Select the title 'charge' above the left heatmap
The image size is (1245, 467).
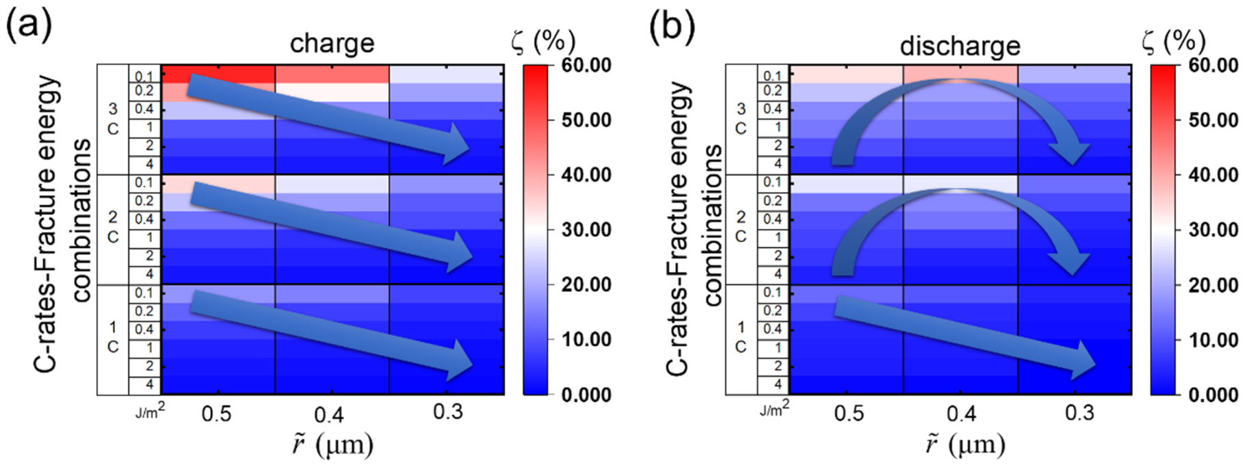[332, 43]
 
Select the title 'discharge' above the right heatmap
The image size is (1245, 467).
[960, 46]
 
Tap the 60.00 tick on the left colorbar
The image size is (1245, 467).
[586, 66]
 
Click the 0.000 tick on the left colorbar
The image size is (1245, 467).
[586, 395]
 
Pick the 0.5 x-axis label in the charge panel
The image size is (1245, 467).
[217, 414]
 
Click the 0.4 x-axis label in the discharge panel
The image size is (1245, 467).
[960, 414]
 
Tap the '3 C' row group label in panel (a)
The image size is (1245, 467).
[112, 119]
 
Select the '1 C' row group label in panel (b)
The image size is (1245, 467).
[741, 338]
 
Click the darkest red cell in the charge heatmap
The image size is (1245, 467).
[218, 73]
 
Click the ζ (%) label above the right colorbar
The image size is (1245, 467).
[1173, 42]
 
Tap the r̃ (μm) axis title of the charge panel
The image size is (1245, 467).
[332, 445]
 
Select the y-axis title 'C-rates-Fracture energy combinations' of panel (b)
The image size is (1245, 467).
[694, 229]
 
